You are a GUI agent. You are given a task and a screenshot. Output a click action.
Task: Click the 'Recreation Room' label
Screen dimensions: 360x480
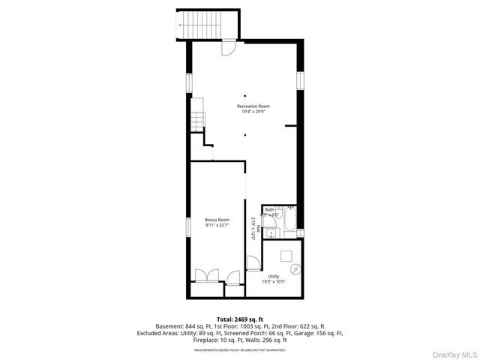pyautogui.click(x=253, y=106)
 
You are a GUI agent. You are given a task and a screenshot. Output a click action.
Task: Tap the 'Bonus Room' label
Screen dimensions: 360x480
pyautogui.click(x=217, y=220)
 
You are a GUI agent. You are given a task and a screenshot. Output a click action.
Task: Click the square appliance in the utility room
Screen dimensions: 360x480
pyautogui.click(x=286, y=255)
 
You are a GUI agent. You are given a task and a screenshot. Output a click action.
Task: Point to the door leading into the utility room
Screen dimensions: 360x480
pyautogui.click(x=253, y=263)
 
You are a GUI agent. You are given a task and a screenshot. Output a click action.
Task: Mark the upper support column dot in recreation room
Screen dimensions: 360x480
pyautogui.click(x=244, y=96)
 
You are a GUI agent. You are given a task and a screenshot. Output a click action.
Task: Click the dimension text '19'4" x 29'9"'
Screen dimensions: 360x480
pyautogui.click(x=253, y=112)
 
